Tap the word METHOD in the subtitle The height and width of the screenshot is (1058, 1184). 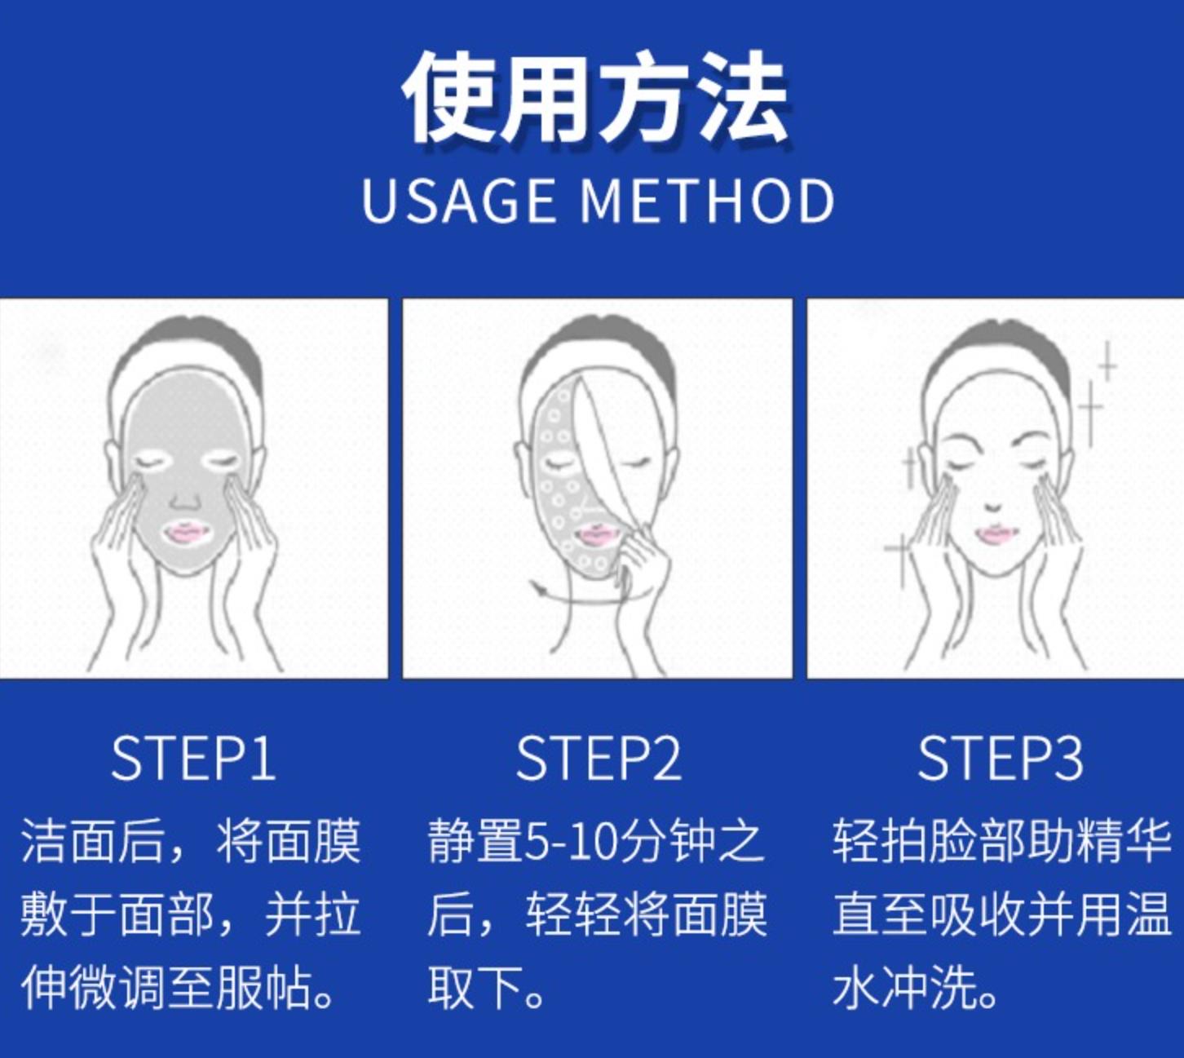pyautogui.click(x=707, y=201)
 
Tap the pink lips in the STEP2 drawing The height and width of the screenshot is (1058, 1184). pyautogui.click(x=593, y=534)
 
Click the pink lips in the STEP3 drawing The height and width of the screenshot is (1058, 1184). pyautogui.click(x=996, y=534)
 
